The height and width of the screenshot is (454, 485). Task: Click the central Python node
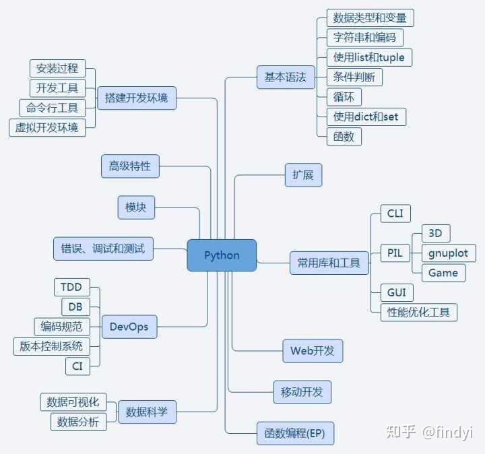(x=222, y=255)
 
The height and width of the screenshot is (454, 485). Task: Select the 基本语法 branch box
(x=286, y=77)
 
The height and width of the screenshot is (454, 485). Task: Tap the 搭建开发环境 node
(x=137, y=98)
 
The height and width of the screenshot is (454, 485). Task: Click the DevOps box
(x=129, y=327)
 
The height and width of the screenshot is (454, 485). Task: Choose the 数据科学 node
(x=147, y=412)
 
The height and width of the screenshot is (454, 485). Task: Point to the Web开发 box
(x=313, y=351)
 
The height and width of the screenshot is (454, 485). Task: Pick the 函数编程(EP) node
(x=296, y=433)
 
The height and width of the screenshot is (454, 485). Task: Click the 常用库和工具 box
(x=329, y=263)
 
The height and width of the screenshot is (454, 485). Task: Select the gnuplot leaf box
(x=449, y=253)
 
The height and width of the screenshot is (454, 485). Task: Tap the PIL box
(x=395, y=253)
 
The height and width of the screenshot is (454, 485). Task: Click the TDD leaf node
(x=72, y=287)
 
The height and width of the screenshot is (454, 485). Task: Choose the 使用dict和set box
(x=366, y=117)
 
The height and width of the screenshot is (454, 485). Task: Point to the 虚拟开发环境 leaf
(x=47, y=127)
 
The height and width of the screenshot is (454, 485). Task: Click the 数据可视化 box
(x=73, y=402)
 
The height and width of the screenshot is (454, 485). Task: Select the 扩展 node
(x=303, y=175)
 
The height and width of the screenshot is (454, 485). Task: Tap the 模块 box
(x=136, y=207)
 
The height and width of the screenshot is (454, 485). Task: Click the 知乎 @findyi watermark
(x=429, y=432)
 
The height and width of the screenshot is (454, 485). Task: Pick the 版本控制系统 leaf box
(x=51, y=346)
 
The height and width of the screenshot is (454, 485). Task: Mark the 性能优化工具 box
(x=419, y=313)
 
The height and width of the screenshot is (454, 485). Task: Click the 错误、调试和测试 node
(x=103, y=249)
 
